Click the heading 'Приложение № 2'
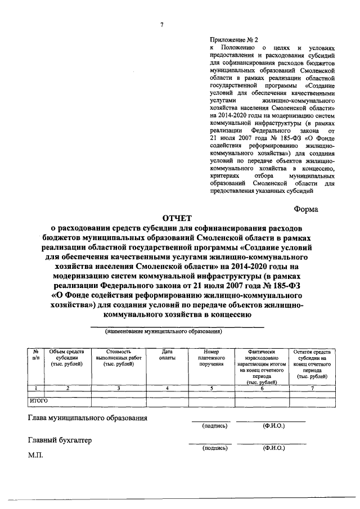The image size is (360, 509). (233, 40)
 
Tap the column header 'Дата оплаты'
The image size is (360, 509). (167, 354)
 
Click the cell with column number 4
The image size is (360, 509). (167, 388)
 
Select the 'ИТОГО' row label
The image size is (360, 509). (39, 401)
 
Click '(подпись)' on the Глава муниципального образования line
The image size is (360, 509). (214, 426)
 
